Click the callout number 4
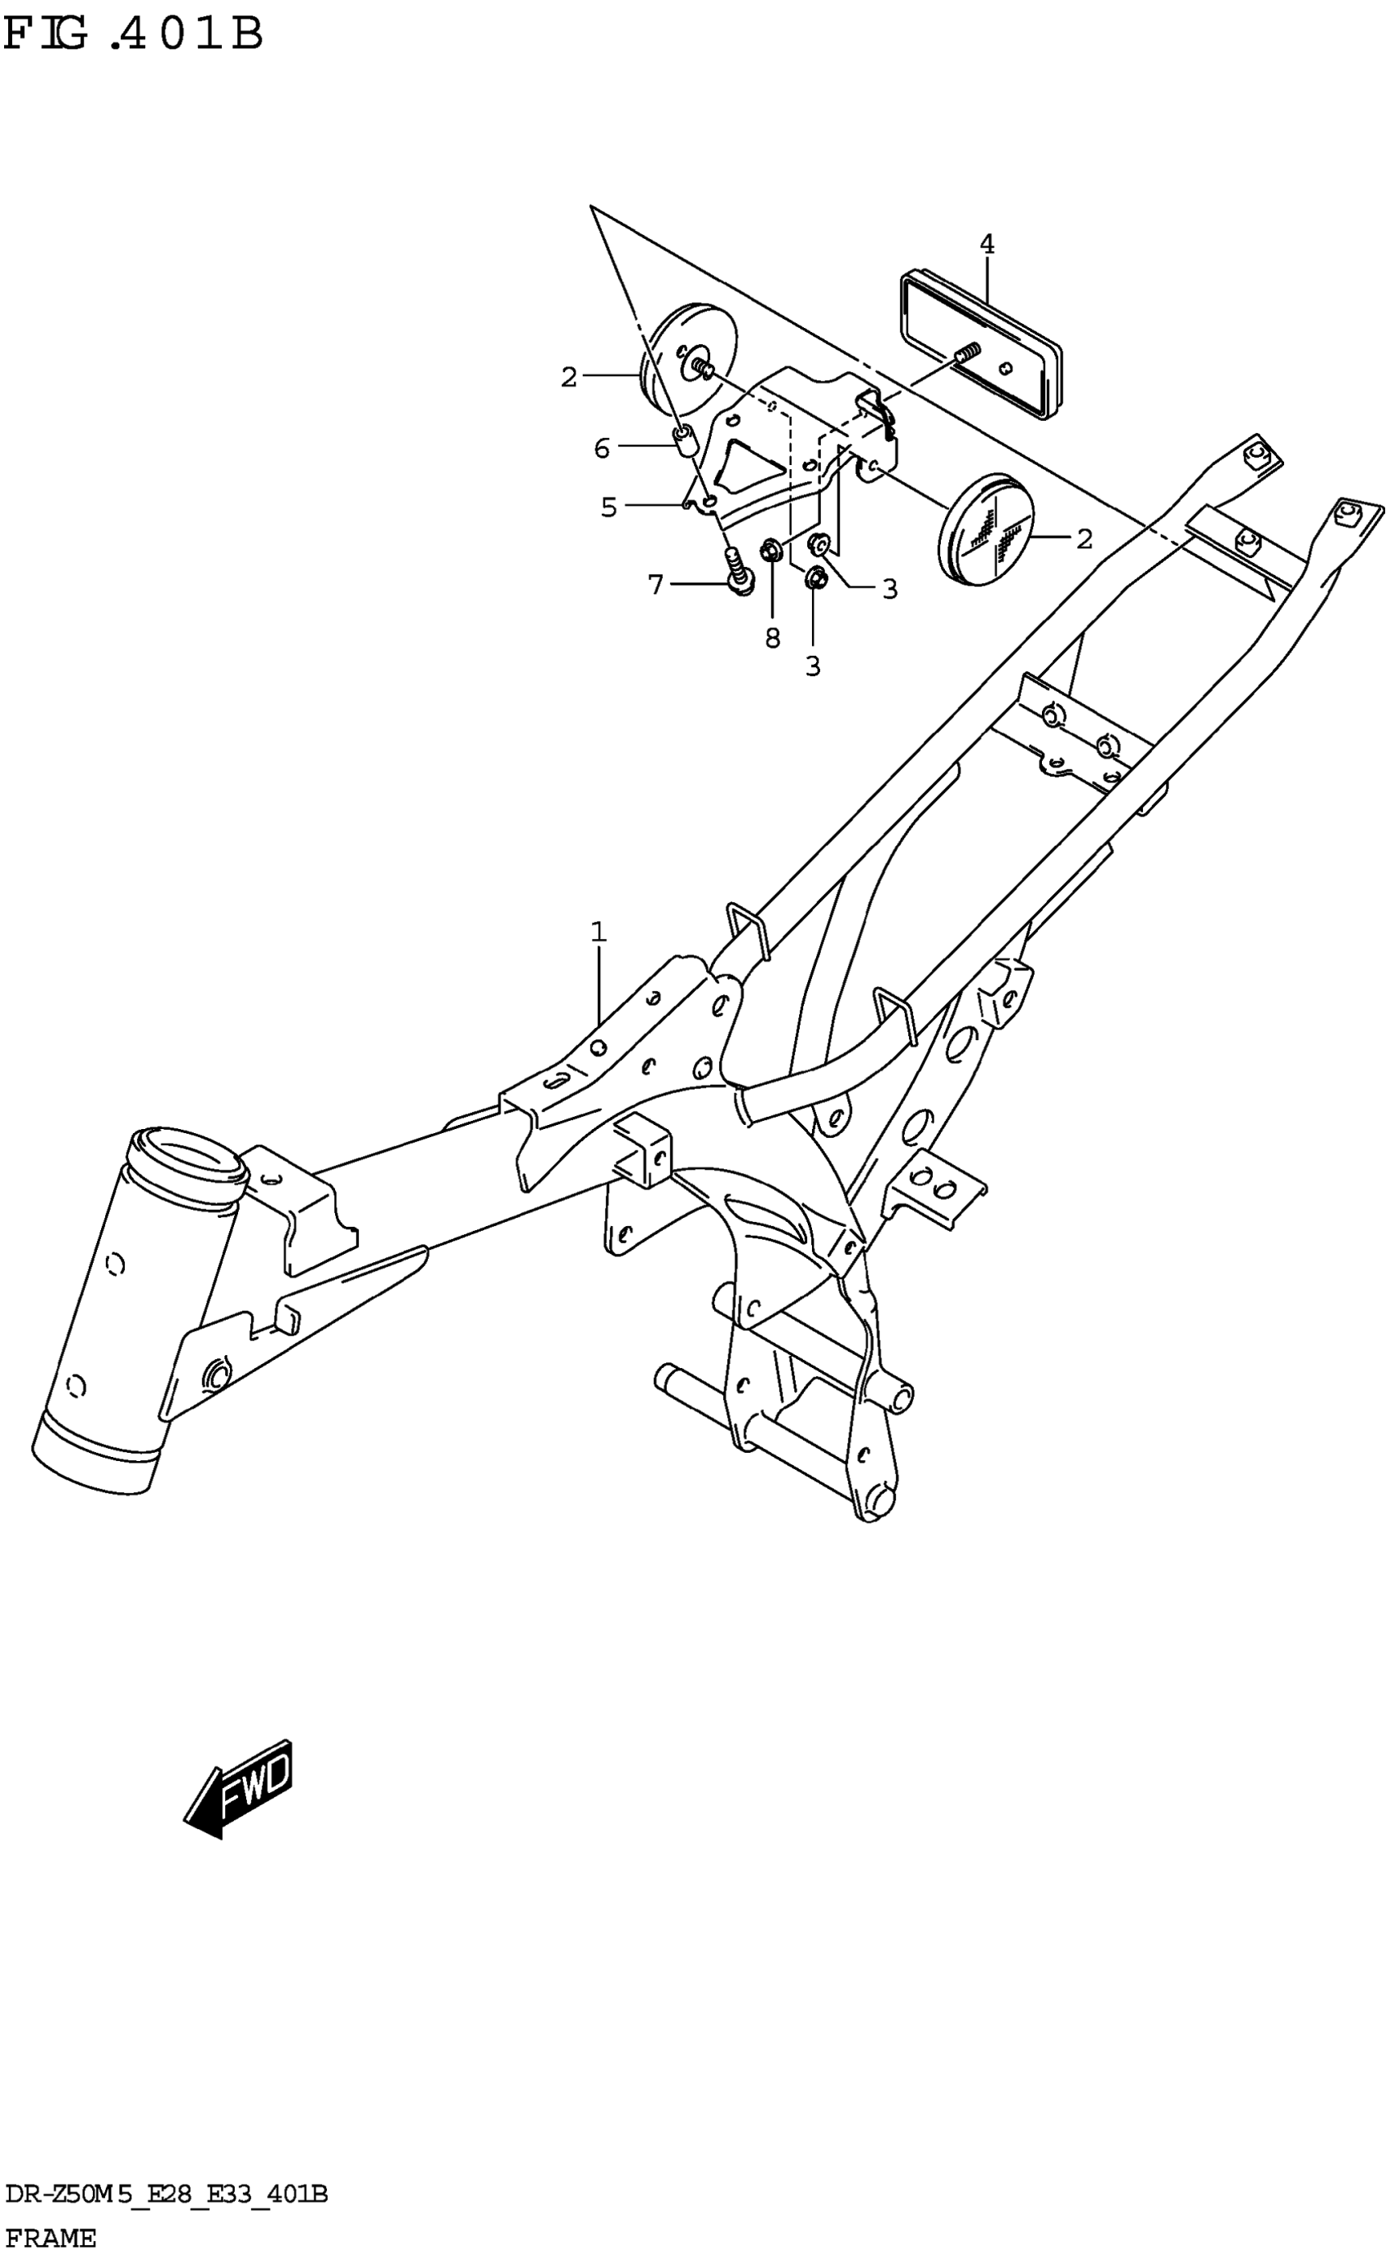pyautogui.click(x=987, y=244)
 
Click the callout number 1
pyautogui.click(x=598, y=932)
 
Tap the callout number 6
pyautogui.click(x=602, y=449)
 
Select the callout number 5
pyautogui.click(x=609, y=507)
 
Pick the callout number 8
pyautogui.click(x=773, y=638)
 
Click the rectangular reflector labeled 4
pyautogui.click(x=981, y=344)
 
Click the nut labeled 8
pyautogui.click(x=771, y=552)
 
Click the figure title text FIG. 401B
pyautogui.click(x=134, y=35)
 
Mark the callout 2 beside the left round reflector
pyautogui.click(x=569, y=377)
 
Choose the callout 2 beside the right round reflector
pyautogui.click(x=1084, y=539)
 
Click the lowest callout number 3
pyautogui.click(x=812, y=666)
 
